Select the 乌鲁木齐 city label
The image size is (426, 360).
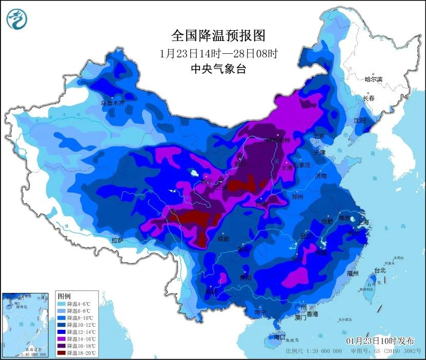(x=112, y=103)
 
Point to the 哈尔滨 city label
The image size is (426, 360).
(x=373, y=79)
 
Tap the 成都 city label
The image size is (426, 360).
(x=224, y=239)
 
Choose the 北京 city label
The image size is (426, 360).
(x=319, y=137)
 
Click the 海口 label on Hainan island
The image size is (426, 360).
(x=279, y=338)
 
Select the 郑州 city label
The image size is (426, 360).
(x=297, y=197)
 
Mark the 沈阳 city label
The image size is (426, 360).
(x=359, y=121)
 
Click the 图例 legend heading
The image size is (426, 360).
(x=64, y=296)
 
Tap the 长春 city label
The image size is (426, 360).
(x=369, y=98)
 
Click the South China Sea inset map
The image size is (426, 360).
(x=26, y=325)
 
